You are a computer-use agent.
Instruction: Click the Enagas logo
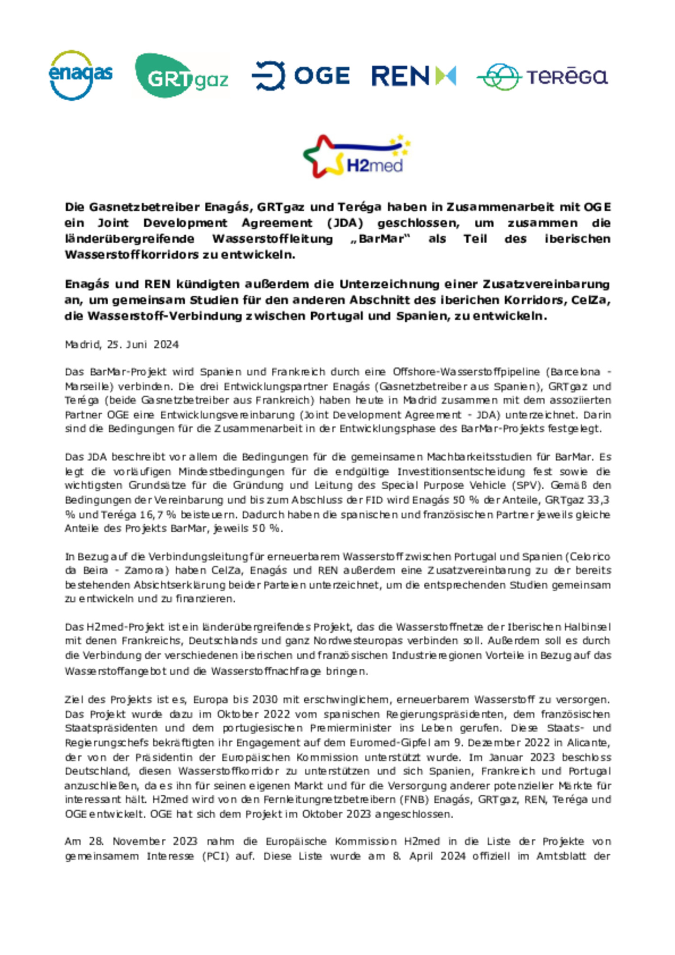pyautogui.click(x=80, y=75)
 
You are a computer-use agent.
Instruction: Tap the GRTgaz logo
pyautogui.click(x=181, y=75)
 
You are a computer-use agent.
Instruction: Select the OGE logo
pyautogui.click(x=300, y=76)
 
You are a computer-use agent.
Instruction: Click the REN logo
pyautogui.click(x=413, y=76)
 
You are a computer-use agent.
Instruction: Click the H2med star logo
pyautogui.click(x=356, y=156)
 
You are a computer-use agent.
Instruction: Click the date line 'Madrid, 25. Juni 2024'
pyautogui.click(x=121, y=344)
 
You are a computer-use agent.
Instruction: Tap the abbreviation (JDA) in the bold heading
pyautogui.click(x=345, y=223)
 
